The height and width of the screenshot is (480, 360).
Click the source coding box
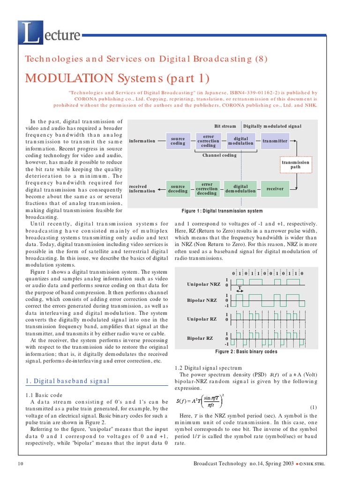[x=178, y=141]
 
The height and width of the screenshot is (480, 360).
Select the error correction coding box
[x=208, y=141]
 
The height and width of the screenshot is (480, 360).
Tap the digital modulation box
[x=240, y=141]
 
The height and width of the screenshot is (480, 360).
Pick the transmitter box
[x=275, y=141]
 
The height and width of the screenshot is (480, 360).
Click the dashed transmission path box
[x=295, y=165]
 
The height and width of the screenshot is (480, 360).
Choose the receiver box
[x=275, y=188]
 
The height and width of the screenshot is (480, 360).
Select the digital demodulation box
[x=240, y=188]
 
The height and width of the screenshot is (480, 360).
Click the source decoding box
[x=178, y=188]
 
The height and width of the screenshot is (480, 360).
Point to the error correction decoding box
[x=207, y=189]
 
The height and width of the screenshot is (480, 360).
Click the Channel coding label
[x=219, y=155]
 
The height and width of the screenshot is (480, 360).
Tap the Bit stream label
[x=225, y=126]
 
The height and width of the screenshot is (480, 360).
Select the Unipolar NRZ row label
[x=203, y=285]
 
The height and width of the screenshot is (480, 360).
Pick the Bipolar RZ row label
[x=200, y=337]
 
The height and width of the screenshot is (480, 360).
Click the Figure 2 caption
[x=246, y=352]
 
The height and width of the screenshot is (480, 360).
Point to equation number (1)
[x=314, y=407]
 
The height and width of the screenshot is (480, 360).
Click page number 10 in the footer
[x=20, y=464]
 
